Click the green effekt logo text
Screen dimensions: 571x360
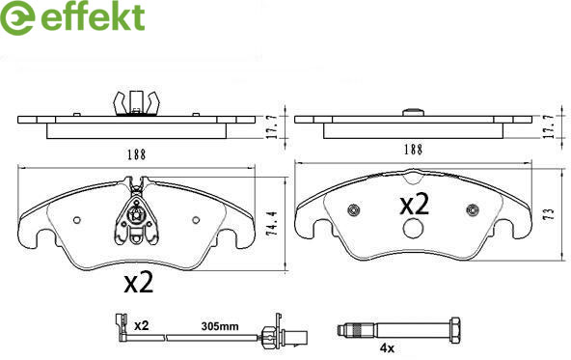pos(94,16)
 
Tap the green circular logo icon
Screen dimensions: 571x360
pos(17,17)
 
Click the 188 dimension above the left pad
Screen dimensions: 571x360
pos(136,154)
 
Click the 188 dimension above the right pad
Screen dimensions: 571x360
pos(413,150)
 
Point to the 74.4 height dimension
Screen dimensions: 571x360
pos(273,224)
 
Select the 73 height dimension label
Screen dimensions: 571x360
pos(550,213)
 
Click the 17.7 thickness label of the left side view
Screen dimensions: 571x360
pos(273,126)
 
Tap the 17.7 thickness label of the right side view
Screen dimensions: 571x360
pos(549,126)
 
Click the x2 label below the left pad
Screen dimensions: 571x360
pos(139,283)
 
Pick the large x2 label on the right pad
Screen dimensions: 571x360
pos(415,205)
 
